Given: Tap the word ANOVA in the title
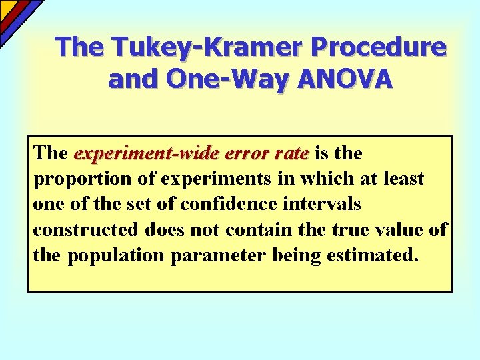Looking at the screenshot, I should pos(347,79).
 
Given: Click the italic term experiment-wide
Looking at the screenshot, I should pos(146,153).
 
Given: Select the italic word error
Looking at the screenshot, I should pos(247,153).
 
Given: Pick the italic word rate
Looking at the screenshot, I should pos(291,153).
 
